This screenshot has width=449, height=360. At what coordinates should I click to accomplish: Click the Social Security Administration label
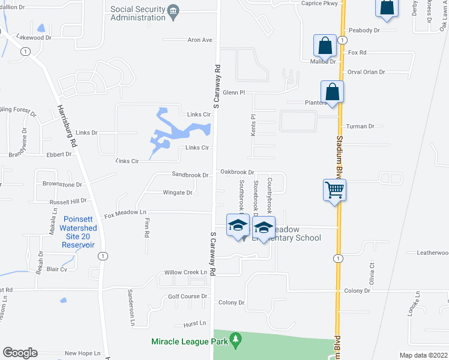tap(138, 13)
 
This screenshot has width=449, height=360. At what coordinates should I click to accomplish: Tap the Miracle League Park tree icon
tap(236, 340)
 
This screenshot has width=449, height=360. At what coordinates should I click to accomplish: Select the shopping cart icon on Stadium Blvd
tap(334, 190)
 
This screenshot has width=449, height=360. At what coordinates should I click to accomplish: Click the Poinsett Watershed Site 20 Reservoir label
tap(78, 232)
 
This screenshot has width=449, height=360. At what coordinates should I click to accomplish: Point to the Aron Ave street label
tap(200, 40)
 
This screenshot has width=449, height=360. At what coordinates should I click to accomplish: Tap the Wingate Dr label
tap(178, 193)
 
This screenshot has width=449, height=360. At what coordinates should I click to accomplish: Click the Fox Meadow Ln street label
tap(125, 212)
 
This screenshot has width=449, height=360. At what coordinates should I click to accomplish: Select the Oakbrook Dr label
tap(238, 172)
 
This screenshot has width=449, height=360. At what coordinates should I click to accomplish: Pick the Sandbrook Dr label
tap(190, 175)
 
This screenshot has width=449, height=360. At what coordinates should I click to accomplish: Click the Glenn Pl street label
tap(234, 93)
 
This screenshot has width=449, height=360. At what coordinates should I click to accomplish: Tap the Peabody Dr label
tap(364, 30)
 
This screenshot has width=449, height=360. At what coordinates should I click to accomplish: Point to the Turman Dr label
tap(360, 127)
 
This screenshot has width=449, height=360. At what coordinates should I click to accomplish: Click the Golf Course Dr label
tap(187, 296)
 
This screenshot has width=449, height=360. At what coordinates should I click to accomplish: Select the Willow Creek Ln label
tap(185, 272)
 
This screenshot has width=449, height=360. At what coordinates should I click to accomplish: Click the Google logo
tap(20, 353)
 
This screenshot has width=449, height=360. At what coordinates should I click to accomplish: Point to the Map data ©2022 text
tap(423, 355)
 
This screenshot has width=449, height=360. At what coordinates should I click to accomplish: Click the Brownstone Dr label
tap(62, 184)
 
